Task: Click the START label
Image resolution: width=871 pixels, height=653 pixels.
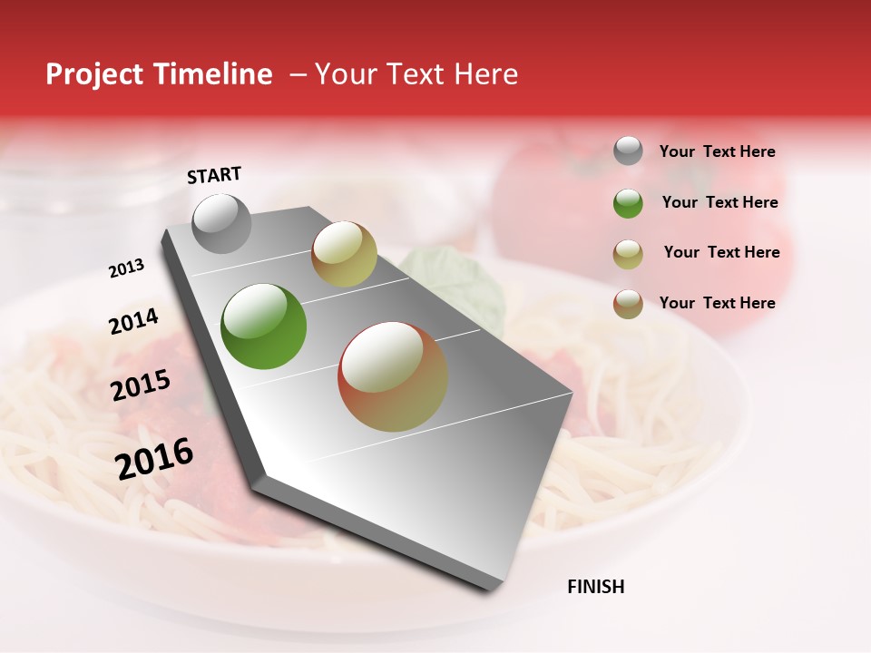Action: (x=214, y=175)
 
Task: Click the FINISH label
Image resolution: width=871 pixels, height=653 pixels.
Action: (x=595, y=587)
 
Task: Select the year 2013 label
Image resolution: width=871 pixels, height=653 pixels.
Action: (x=126, y=268)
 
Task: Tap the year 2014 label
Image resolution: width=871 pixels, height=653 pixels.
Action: (x=133, y=322)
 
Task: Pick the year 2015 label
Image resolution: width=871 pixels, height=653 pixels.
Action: (x=141, y=385)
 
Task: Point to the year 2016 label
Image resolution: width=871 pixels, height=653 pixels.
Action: (x=154, y=459)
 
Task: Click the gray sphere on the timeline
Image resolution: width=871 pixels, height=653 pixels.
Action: (x=222, y=223)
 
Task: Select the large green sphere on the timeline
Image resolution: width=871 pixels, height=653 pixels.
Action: (x=264, y=326)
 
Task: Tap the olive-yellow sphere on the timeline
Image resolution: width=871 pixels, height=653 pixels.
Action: (x=344, y=254)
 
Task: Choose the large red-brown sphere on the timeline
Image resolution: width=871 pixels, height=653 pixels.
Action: (x=393, y=376)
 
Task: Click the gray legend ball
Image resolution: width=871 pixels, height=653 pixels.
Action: (x=628, y=151)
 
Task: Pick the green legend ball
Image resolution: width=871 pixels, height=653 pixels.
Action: (x=628, y=203)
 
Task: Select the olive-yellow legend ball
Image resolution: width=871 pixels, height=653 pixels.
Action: (x=628, y=254)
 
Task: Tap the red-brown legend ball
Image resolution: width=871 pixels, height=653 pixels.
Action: (x=628, y=304)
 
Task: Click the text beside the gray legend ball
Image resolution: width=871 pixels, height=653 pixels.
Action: (x=717, y=152)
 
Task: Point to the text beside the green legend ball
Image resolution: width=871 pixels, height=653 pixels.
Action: (x=719, y=202)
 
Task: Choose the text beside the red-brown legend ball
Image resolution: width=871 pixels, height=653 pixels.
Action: (x=717, y=303)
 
